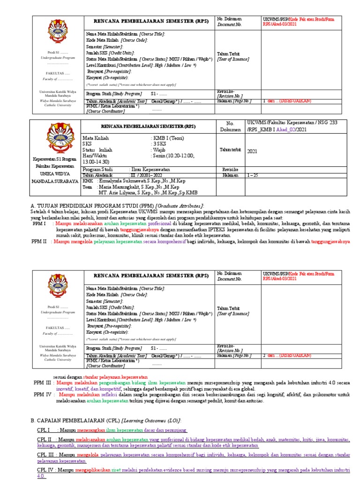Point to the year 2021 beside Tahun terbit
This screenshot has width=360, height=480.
coord(252,151)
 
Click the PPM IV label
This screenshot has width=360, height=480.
coord(42,395)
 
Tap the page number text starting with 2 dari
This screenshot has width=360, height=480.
coord(286,355)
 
